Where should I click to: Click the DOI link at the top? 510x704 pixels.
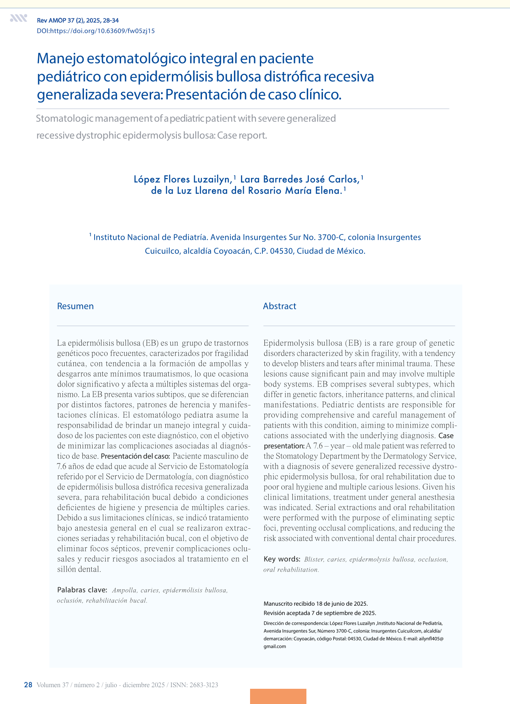click(96, 31)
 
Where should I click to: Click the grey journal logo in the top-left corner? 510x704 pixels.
click(19, 18)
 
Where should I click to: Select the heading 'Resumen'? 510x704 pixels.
click(75, 306)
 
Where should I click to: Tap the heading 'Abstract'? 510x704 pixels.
click(280, 306)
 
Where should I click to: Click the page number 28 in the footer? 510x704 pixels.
click(28, 685)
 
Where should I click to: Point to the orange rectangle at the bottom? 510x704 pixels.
click(278, 696)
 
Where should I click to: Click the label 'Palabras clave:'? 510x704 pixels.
click(82, 590)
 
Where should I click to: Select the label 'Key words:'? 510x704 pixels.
click(282, 559)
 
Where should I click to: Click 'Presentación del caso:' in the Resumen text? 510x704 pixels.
click(135, 456)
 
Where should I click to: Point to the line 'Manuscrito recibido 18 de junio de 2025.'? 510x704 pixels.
click(315, 604)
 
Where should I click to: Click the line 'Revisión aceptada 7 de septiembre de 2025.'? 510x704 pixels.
click(320, 613)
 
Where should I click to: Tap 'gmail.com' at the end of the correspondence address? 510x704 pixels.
click(275, 646)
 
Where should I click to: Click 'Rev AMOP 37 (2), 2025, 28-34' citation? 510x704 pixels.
click(78, 21)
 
